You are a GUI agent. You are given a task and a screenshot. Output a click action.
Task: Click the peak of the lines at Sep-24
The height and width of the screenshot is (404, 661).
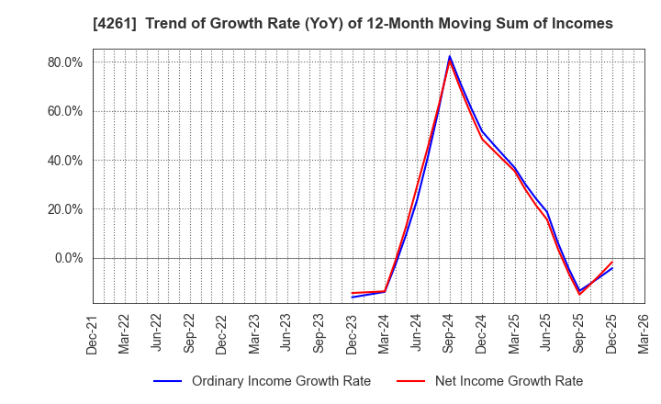(x=450, y=57)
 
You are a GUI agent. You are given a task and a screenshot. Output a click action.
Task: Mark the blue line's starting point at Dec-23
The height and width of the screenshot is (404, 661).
(x=353, y=297)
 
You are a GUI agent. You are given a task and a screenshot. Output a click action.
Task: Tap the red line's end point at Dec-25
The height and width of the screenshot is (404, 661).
(x=611, y=262)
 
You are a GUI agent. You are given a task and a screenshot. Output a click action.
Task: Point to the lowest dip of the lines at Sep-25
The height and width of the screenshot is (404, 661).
(x=579, y=293)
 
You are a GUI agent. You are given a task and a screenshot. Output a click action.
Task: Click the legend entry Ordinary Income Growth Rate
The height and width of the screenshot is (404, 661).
(x=281, y=381)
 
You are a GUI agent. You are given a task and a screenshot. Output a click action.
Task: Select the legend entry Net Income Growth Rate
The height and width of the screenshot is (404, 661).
(x=508, y=381)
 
